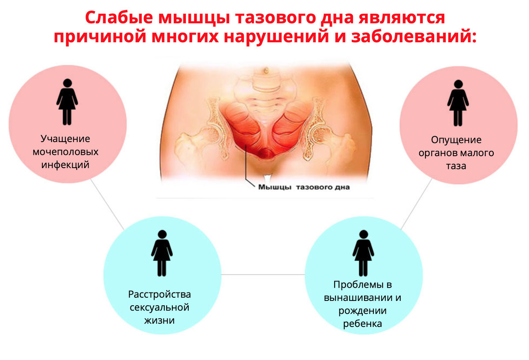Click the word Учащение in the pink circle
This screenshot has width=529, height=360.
tap(65, 139)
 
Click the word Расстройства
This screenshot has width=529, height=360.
tap(160, 294)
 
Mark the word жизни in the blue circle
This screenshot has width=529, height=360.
tap(160, 320)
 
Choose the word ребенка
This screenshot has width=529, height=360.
tap(362, 324)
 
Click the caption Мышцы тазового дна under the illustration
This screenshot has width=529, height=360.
tap(303, 187)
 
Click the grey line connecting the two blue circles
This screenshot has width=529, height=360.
tap(263, 274)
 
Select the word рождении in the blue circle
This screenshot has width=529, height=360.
tap(362, 311)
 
